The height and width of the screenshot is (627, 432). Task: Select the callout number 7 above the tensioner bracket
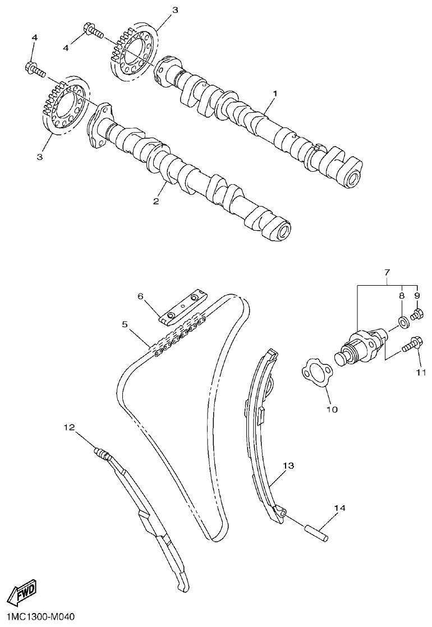[387, 273]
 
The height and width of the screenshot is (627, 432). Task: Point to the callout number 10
[332, 409]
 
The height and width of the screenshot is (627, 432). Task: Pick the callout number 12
[69, 427]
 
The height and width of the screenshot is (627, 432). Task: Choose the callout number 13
[288, 466]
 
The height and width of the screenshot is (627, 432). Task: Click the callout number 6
[141, 295]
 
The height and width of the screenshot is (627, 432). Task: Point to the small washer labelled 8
[402, 322]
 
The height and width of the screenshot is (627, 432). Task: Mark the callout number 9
[417, 295]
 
